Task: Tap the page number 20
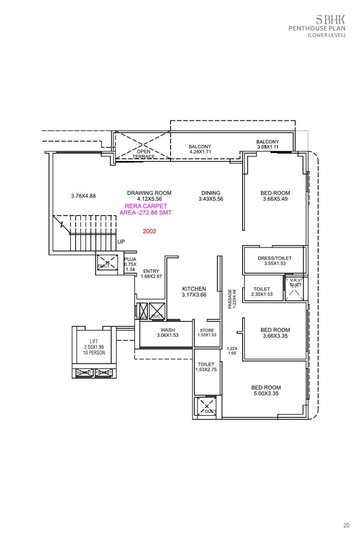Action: pos(346,525)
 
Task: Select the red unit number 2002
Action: pos(149,231)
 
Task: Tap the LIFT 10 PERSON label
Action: pos(94,347)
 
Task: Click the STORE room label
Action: pos(207,333)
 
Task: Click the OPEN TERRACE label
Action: pos(144,154)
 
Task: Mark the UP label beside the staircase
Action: pos(121,242)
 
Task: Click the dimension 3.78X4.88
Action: pos(83,196)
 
